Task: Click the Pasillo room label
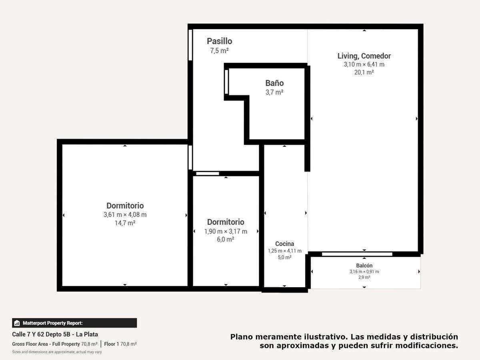coord(219,41)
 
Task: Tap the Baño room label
coord(274,83)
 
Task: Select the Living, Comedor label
coord(364,56)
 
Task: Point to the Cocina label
coord(284,244)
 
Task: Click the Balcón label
coord(364,266)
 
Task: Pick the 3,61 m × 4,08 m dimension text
coord(125,215)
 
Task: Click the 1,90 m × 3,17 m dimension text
coord(226,231)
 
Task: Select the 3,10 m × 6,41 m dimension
coord(364,64)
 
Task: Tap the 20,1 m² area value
coord(364,72)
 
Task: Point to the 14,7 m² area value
coord(125,223)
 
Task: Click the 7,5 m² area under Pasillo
coord(219,51)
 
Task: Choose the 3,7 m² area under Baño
coord(274,92)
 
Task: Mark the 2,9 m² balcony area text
coord(364,277)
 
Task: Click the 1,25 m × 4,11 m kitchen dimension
coord(285,251)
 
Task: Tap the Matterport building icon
coord(17,323)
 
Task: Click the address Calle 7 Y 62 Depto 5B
coord(41,334)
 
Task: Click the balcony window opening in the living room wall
coord(357,254)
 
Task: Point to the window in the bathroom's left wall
coord(226,82)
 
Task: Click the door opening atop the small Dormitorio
coord(208,174)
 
